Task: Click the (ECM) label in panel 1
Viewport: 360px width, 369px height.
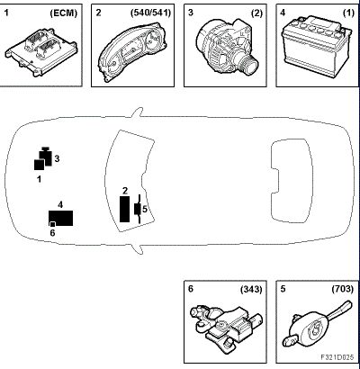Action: coord(63,13)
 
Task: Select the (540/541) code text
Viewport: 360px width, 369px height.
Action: coord(150,13)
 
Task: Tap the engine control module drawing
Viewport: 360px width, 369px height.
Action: coord(41,52)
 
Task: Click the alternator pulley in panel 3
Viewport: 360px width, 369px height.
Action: coord(249,62)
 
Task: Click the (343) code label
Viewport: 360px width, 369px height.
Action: coord(251,289)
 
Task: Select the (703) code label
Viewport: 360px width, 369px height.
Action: coord(343,289)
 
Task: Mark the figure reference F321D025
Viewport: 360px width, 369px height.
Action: coord(337,357)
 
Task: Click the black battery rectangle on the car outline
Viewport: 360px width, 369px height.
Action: coord(61,218)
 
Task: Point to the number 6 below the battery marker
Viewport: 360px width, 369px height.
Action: coord(52,233)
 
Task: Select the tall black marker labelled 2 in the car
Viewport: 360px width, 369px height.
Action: coord(125,209)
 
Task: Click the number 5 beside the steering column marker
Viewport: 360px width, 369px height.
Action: coord(145,209)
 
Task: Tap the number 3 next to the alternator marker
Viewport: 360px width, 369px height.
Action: coord(57,158)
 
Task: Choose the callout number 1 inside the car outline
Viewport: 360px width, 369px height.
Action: coord(39,179)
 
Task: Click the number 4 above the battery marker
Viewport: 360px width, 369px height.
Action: coord(60,205)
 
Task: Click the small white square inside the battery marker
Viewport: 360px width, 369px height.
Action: coord(52,224)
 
